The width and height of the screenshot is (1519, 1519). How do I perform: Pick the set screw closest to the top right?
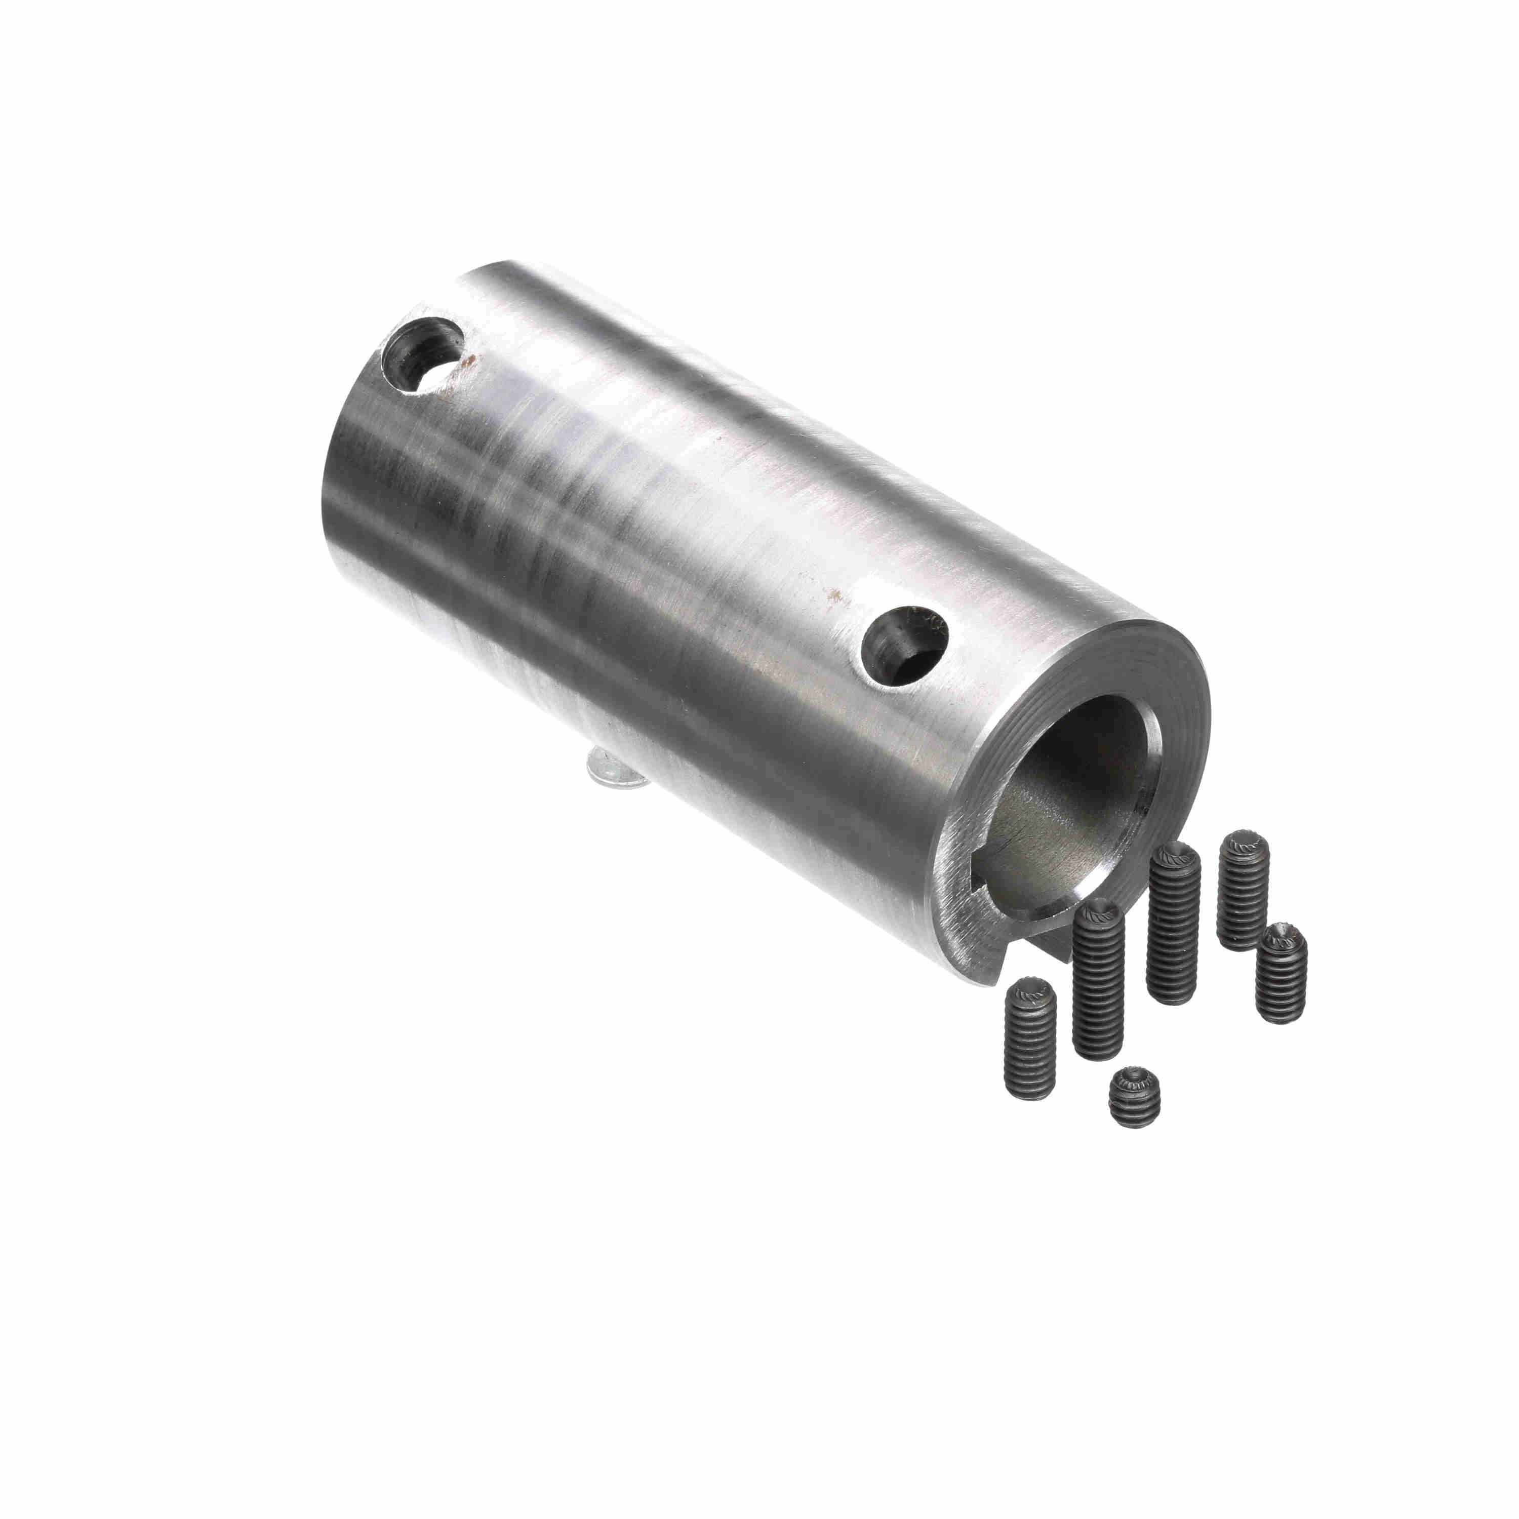1243,889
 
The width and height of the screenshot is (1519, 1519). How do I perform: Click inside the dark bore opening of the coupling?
1077,794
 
